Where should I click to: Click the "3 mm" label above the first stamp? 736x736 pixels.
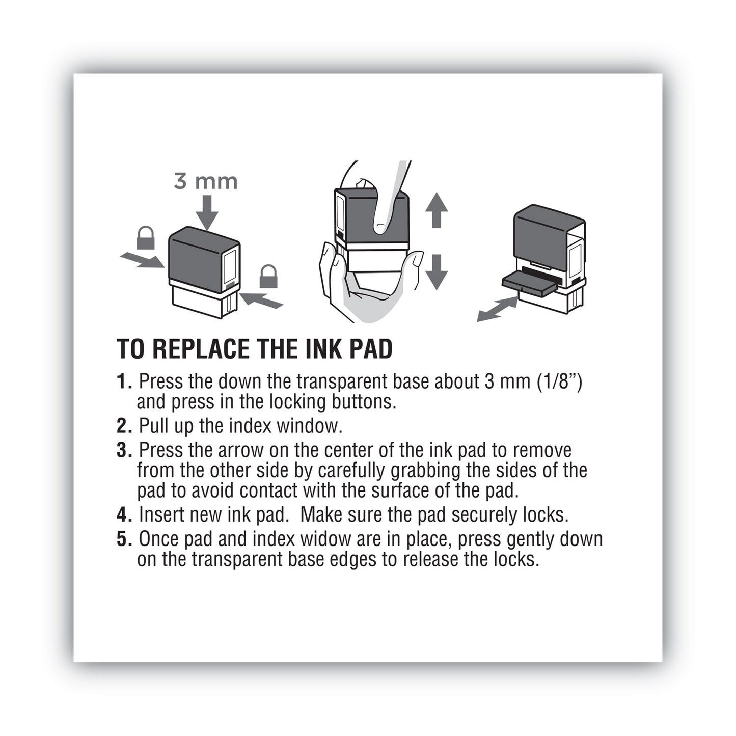[x=206, y=181]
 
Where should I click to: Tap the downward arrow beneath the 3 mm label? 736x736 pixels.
[x=206, y=213]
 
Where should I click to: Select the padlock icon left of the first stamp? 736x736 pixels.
[x=146, y=239]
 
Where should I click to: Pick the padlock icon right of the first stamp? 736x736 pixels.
[x=268, y=277]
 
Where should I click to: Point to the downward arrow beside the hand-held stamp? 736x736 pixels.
[x=436, y=271]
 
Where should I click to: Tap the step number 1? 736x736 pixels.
[x=124, y=381]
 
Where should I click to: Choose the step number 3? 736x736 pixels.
[x=124, y=451]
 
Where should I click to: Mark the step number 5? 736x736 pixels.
[x=124, y=539]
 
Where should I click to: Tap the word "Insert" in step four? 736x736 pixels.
[x=161, y=515]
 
